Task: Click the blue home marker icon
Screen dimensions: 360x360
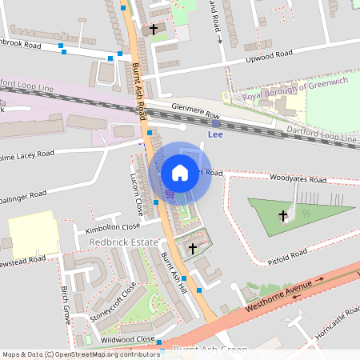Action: (x=180, y=172)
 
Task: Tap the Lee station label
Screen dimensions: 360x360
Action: (x=214, y=134)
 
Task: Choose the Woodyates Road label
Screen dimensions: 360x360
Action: (x=298, y=179)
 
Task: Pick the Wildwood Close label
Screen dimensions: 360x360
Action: (x=128, y=339)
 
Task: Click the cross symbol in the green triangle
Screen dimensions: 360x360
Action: (x=282, y=215)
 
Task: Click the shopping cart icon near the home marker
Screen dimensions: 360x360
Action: (x=170, y=193)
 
